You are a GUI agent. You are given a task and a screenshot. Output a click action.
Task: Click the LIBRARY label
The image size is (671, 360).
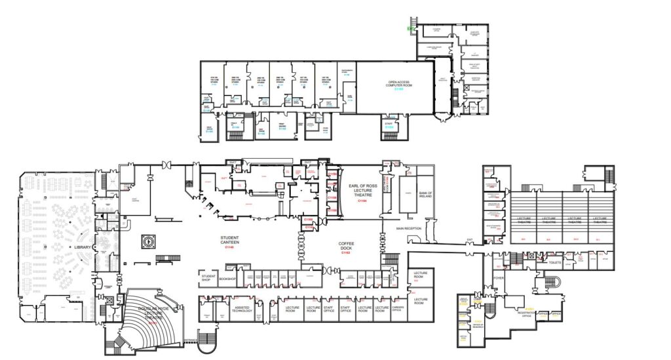(83, 247)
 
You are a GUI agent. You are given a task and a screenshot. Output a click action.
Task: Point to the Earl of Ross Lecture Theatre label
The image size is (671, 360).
(360, 191)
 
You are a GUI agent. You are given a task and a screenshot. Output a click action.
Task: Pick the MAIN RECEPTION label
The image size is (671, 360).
(408, 229)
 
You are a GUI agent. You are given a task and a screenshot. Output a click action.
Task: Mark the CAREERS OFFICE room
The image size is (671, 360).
(396, 309)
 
